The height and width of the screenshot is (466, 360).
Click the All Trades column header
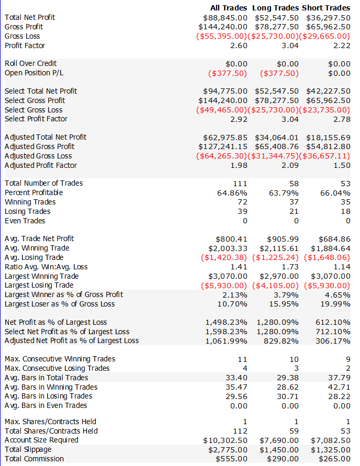click(x=228, y=8)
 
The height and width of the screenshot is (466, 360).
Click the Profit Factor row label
click(x=25, y=46)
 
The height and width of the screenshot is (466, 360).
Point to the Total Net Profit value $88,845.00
click(x=223, y=17)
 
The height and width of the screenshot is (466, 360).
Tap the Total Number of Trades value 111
click(x=240, y=183)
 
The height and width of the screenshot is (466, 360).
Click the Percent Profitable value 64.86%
click(x=233, y=192)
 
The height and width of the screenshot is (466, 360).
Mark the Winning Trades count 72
click(x=242, y=202)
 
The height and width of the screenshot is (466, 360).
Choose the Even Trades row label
click(x=25, y=221)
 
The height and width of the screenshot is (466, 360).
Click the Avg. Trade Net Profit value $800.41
click(x=231, y=238)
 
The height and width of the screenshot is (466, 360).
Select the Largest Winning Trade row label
click(x=42, y=276)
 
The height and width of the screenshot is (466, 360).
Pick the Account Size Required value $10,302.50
click(x=225, y=440)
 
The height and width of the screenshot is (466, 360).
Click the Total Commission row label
click(x=35, y=459)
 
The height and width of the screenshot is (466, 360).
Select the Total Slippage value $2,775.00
click(x=228, y=449)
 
